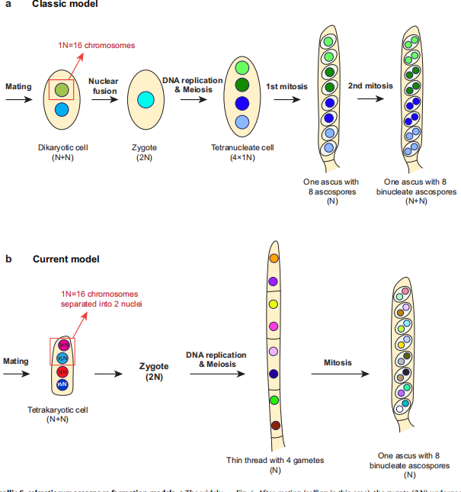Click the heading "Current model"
(66, 259)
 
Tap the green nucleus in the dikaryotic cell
(62, 90)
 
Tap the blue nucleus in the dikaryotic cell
(62, 109)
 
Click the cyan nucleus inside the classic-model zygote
(146, 99)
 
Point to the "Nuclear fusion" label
(103, 85)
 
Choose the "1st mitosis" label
(287, 86)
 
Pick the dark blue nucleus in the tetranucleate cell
(242, 103)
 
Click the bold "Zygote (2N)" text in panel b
(154, 371)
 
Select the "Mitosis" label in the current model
(338, 363)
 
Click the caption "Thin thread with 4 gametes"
(276, 460)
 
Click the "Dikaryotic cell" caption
(62, 146)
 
